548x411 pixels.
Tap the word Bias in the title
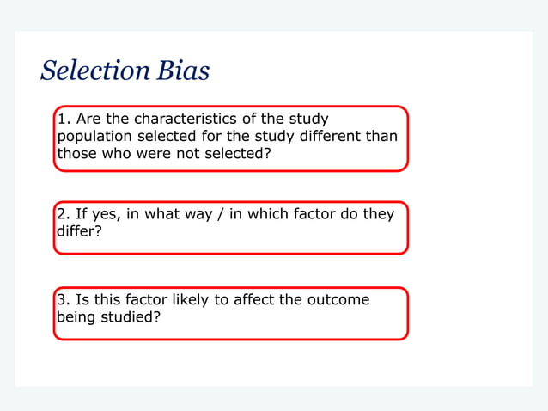click(x=183, y=71)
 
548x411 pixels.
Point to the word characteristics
click(x=179, y=119)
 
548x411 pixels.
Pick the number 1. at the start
click(x=64, y=119)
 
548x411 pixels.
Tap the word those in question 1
click(x=76, y=154)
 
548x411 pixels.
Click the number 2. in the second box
click(x=64, y=214)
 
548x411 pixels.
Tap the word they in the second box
click(x=379, y=214)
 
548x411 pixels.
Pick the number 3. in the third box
click(x=64, y=300)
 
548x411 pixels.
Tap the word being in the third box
click(x=76, y=317)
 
